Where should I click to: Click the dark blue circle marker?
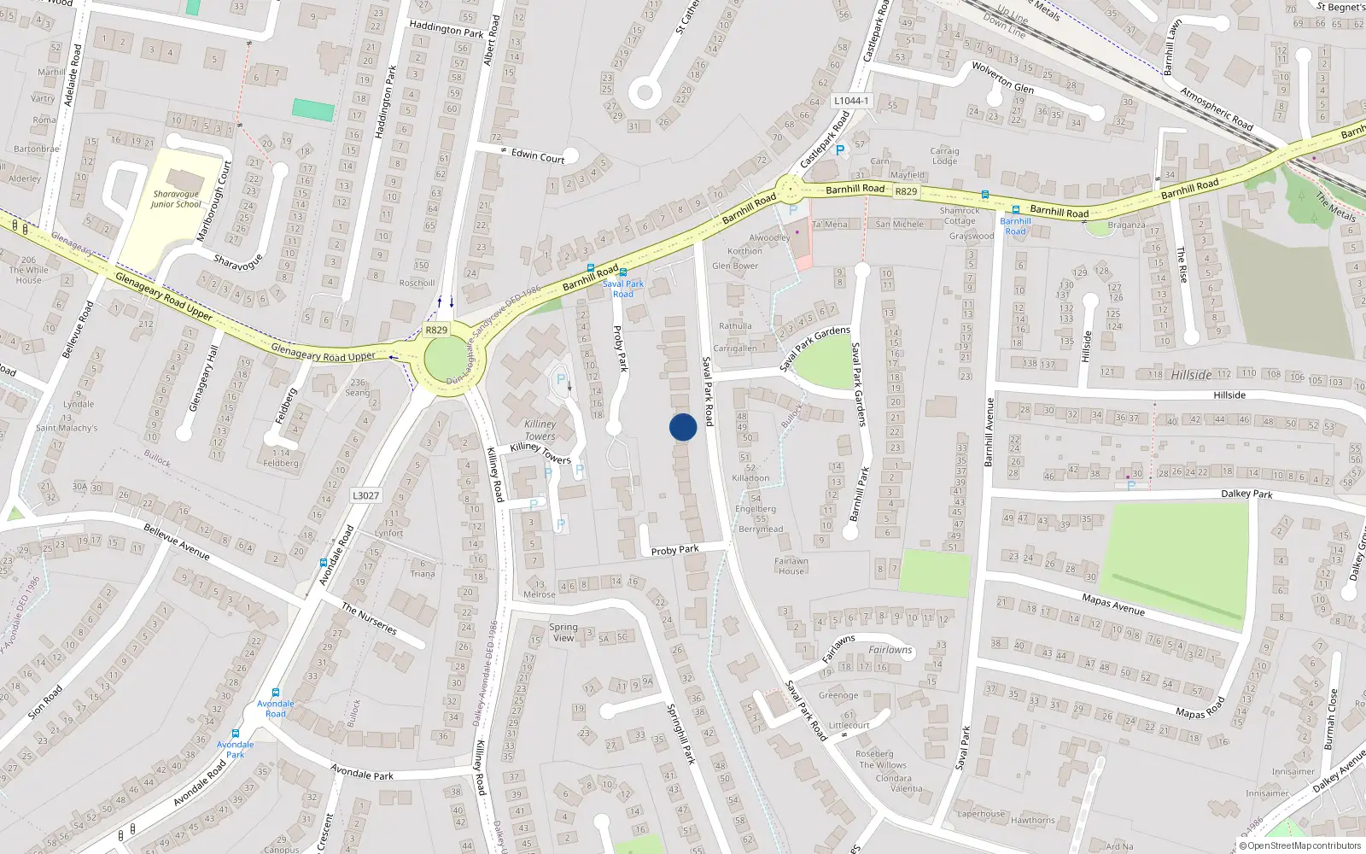click(683, 427)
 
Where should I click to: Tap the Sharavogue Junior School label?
click(176, 199)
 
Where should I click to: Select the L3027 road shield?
click(365, 495)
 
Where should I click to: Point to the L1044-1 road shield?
click(850, 101)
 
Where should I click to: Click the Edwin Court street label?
click(538, 155)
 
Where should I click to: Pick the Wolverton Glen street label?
click(1002, 77)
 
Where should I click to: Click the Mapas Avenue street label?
click(1113, 604)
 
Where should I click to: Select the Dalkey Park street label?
click(1246, 494)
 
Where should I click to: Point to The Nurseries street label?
click(369, 619)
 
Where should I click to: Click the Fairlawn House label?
click(791, 566)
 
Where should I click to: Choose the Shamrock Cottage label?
click(960, 215)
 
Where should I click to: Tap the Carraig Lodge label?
click(944, 155)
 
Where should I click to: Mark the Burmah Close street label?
click(1330, 719)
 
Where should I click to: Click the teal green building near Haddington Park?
click(313, 110)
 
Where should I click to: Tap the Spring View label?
click(563, 632)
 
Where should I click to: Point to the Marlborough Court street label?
click(216, 202)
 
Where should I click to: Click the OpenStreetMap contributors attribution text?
click(1304, 845)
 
